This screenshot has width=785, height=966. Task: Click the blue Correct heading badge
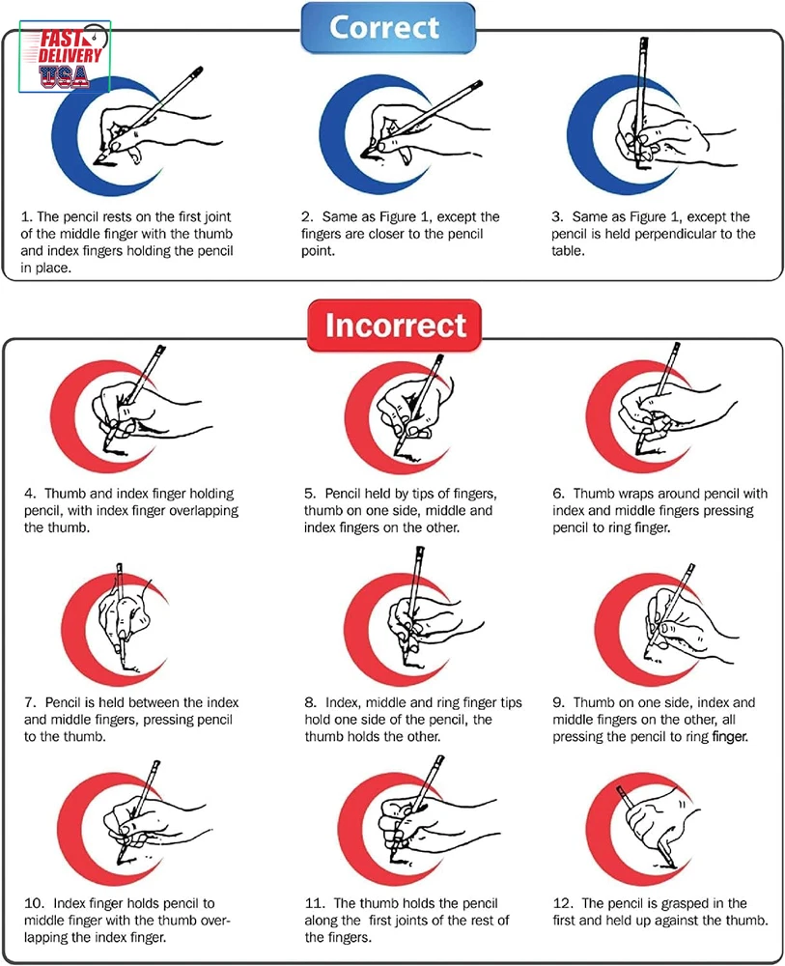pos(388,28)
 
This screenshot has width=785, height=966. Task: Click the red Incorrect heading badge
pos(394,326)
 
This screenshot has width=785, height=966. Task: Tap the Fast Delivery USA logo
pos(66,57)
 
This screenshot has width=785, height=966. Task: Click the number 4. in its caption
pos(31,494)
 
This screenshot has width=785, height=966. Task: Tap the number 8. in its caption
pos(311,702)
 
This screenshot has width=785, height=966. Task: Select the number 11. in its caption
pos(315,903)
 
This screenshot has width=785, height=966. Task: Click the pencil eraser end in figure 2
pos(476,85)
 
